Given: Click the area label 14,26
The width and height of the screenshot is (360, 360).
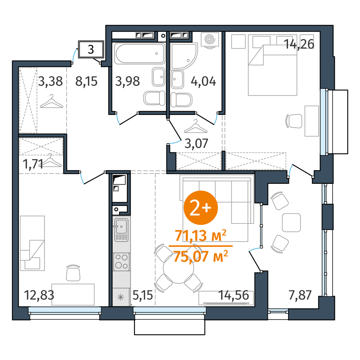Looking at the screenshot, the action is coord(299,44).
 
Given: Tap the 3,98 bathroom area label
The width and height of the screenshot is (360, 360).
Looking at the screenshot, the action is coord(127,81).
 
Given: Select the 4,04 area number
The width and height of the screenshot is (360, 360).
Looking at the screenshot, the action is coord(203,82).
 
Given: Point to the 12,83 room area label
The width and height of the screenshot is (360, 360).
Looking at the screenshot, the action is coord(39,295).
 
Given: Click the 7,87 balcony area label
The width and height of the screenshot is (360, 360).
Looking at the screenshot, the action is coord(300,295).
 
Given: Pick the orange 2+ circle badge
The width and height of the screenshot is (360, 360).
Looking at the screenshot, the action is coord(201,208).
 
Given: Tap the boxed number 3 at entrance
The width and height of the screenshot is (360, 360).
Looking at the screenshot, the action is coord(91,49).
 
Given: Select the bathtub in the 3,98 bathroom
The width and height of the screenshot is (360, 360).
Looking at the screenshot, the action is coord(139,54).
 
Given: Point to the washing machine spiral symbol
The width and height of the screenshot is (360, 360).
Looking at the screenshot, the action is coord(210,40).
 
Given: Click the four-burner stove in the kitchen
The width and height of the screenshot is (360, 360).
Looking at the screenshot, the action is coord(121,262).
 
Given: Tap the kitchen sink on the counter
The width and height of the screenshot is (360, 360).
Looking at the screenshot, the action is coord(121,230).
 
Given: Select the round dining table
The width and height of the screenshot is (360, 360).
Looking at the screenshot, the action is coord(178,268).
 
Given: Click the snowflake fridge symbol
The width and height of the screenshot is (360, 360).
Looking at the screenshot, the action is coord(121,297).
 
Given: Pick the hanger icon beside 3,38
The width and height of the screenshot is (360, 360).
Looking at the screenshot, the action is coord(52,101).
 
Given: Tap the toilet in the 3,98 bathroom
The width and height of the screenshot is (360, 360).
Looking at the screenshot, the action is coord(154,98).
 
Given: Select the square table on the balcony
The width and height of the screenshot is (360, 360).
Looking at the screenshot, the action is coord(291,223).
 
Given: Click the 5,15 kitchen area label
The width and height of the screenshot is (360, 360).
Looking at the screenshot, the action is coord(142,295).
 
